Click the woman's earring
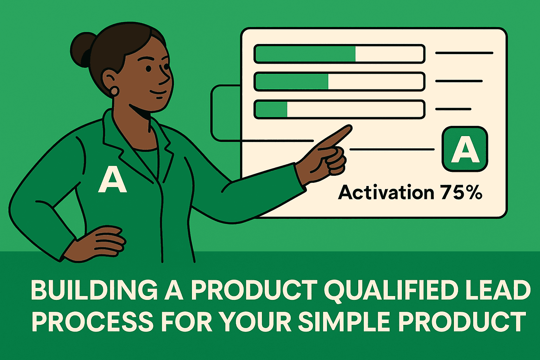(115, 91)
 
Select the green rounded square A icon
(465, 149)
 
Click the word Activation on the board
(386, 193)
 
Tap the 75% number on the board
(461, 193)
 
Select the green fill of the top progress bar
(305, 54)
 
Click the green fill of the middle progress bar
(291, 82)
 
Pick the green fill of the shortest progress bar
(271, 109)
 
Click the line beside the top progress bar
(464, 53)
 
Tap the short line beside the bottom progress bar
(453, 109)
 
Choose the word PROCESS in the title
(92, 322)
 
